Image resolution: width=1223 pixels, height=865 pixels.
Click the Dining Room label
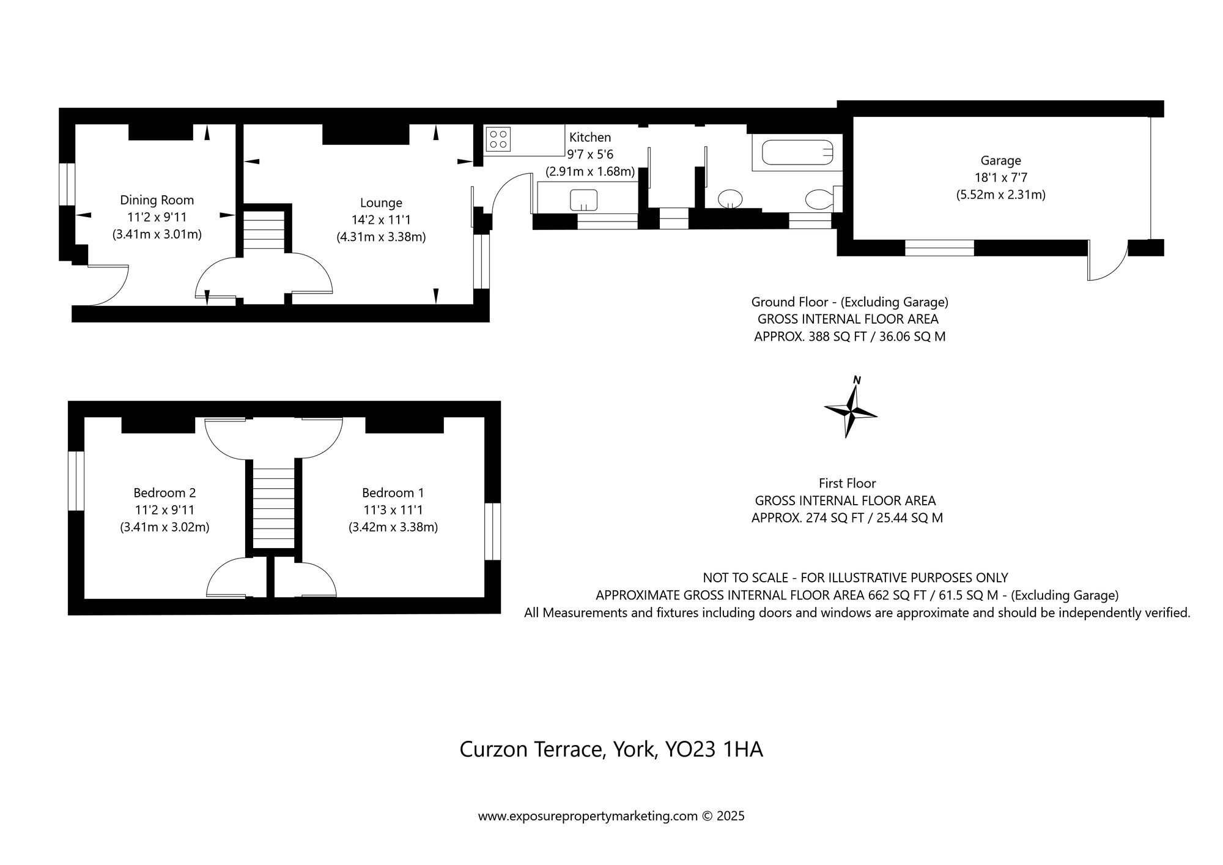coord(157,200)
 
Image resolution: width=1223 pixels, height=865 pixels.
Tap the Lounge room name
coord(381,202)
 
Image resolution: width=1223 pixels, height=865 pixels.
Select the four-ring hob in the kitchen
coord(498,139)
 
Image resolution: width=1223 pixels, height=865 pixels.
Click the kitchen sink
coord(583,199)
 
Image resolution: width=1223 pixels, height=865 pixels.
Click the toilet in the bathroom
coord(819,199)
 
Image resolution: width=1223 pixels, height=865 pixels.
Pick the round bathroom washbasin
coord(730,198)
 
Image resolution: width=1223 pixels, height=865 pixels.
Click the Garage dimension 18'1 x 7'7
coord(1000,178)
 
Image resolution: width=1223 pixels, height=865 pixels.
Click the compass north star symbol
coord(851,410)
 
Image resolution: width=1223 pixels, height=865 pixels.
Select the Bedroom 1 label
coord(393,492)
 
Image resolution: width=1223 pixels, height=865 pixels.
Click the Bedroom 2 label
coord(164,492)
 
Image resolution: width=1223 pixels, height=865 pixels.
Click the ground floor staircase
coord(265,230)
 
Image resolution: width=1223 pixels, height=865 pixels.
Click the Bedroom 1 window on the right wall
coord(492,531)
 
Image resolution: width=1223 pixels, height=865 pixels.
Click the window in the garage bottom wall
coord(939,248)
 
